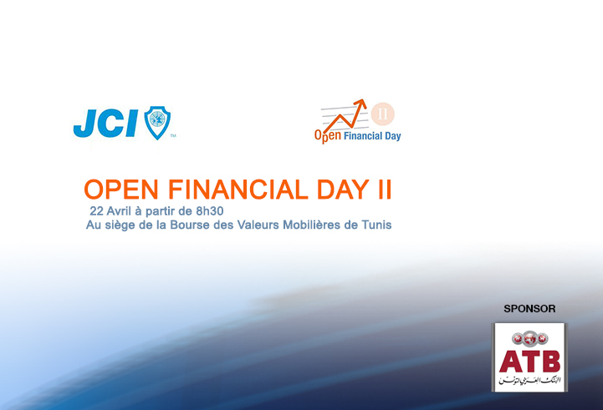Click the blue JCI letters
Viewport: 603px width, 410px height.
[106, 124]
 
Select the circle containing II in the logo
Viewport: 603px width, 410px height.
[384, 113]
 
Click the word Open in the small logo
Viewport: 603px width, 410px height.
[327, 134]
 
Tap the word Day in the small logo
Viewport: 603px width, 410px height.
[392, 135]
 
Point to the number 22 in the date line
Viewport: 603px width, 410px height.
[96, 210]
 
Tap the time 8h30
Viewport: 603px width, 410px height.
[207, 210]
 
